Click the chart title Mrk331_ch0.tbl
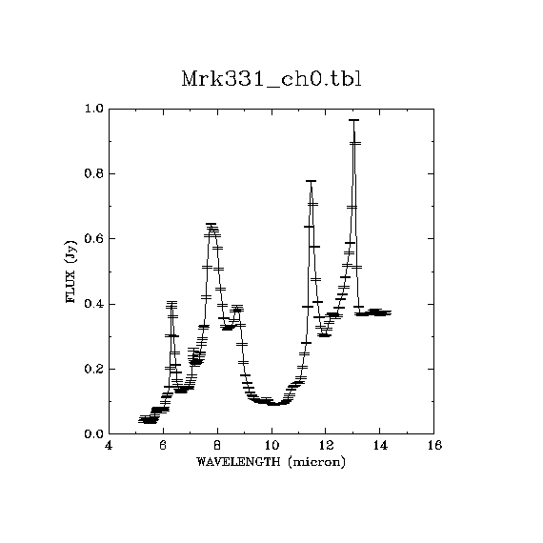271,80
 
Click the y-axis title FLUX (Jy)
70,271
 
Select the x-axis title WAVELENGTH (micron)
271,462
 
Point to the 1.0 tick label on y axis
94,109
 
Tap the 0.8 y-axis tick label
94,173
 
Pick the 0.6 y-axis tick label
94,238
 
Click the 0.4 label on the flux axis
94,304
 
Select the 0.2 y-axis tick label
94,369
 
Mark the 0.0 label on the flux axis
94,433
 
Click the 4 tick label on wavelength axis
109,445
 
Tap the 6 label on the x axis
163,445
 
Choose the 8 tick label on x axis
217,445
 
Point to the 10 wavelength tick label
271,445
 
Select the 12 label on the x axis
326,445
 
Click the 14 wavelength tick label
380,445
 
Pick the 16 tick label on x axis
434,445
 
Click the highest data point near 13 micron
353,120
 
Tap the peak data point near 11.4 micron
311,181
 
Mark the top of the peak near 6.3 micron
171,302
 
